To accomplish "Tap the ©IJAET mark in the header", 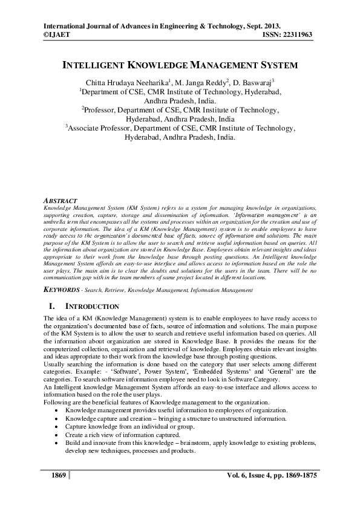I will point(57,36).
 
